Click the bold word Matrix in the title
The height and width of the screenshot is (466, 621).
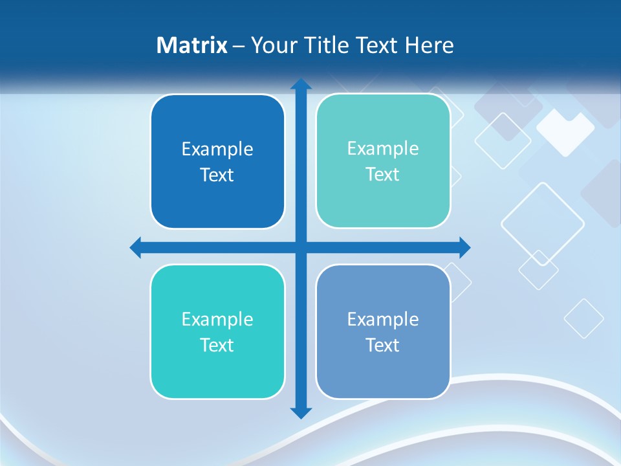[x=191, y=45]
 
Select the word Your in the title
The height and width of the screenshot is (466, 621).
[x=272, y=45]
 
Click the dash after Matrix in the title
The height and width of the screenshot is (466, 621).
[x=239, y=46]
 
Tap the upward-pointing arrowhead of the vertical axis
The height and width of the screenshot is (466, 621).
[x=301, y=84]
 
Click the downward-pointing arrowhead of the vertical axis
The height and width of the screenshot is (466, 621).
[x=301, y=412]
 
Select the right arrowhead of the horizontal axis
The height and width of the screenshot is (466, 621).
[x=464, y=247]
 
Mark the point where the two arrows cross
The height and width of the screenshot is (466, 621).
[x=301, y=247]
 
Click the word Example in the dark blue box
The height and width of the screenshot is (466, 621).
[x=217, y=150]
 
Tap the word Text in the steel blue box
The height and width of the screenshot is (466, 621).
[x=383, y=345]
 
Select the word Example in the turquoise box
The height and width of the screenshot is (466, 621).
[x=217, y=320]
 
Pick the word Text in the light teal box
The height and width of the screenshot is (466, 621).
[x=383, y=175]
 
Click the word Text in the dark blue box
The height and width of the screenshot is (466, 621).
[x=217, y=175]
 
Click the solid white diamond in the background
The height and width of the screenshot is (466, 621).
[x=565, y=131]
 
